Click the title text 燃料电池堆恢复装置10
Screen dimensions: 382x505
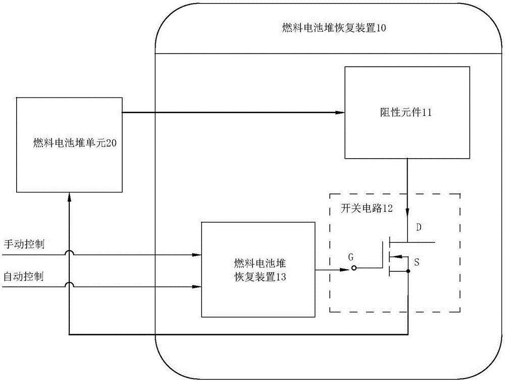point(334,29)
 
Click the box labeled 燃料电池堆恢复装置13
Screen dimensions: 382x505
point(257,269)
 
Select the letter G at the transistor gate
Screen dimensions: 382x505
point(350,257)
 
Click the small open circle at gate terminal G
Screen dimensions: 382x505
point(354,268)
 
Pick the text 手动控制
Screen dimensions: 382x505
point(24,245)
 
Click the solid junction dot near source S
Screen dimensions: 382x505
point(408,271)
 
